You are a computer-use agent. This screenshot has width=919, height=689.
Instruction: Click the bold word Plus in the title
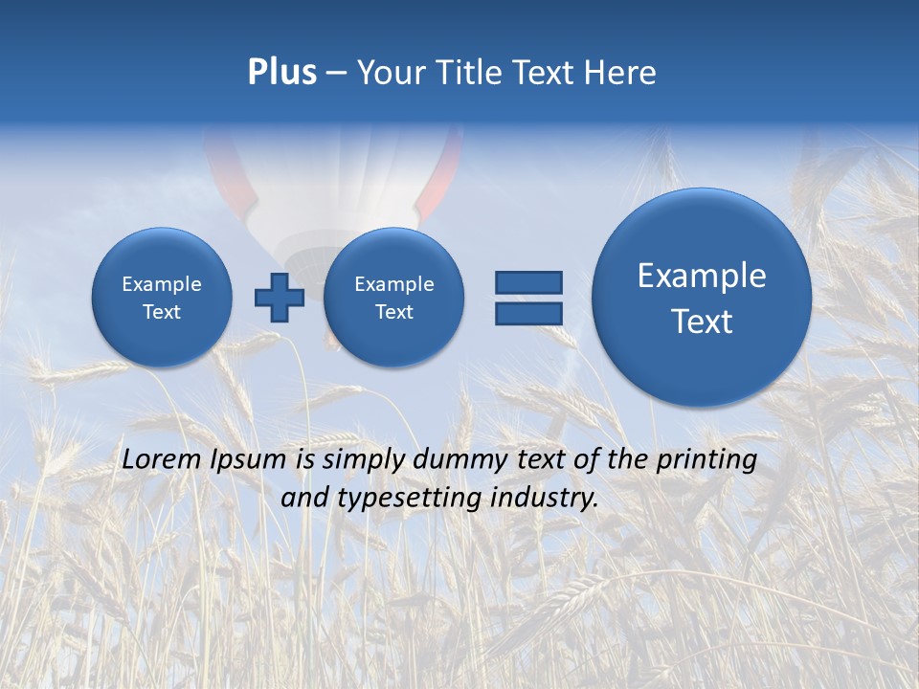[281, 73]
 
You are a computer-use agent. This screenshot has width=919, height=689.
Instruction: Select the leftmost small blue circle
[161, 298]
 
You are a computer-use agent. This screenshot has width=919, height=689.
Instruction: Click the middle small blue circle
[393, 298]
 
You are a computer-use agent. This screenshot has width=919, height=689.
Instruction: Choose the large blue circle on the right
[702, 298]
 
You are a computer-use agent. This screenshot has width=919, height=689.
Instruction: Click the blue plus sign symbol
[279, 298]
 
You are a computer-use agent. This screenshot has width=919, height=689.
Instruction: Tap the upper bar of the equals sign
[528, 282]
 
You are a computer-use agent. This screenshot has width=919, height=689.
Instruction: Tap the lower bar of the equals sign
[528, 313]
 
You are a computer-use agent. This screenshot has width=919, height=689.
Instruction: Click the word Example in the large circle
[702, 276]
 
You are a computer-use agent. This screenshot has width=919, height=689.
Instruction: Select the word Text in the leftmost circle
[161, 312]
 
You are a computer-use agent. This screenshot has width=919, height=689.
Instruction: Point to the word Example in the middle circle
[393, 284]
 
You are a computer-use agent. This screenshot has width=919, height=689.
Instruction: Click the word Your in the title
[385, 73]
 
